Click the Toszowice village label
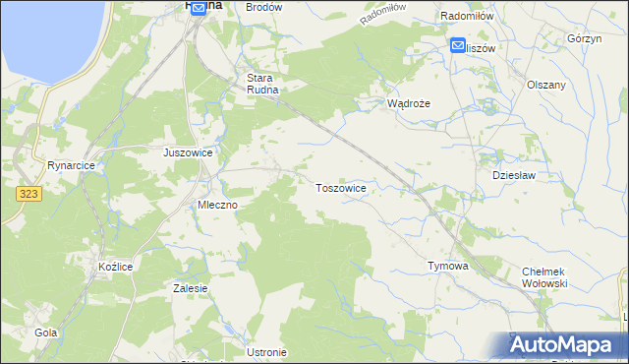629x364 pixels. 341,187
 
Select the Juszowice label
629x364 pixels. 188,153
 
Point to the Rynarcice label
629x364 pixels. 70,166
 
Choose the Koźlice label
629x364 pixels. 115,267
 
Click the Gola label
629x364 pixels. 46,334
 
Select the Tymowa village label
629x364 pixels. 447,267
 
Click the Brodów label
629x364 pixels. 263,7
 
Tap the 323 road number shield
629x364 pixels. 29,196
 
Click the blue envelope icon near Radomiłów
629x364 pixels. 459,45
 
